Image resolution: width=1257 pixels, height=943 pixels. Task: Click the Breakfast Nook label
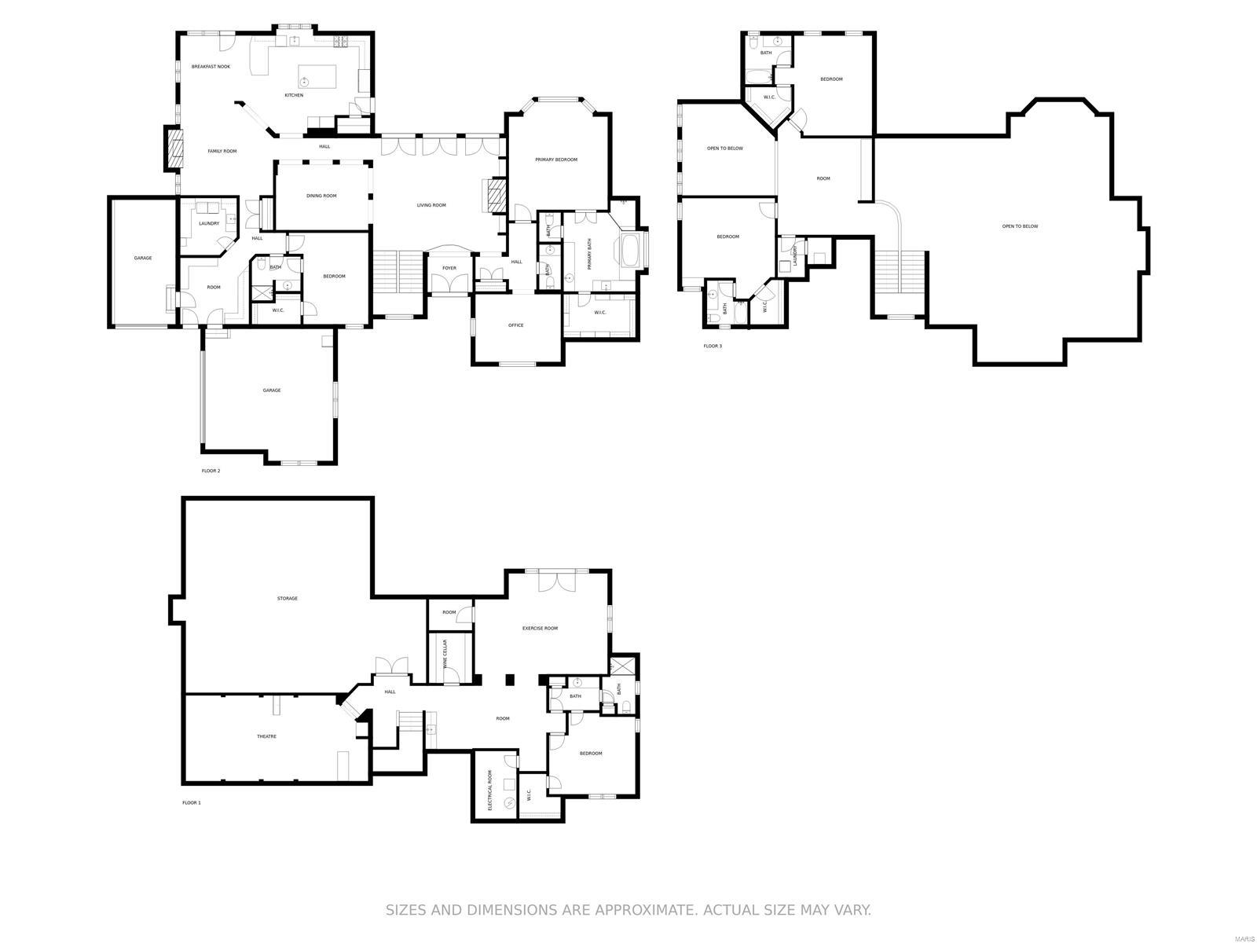tap(211, 67)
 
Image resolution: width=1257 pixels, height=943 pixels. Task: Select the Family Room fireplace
tap(174, 149)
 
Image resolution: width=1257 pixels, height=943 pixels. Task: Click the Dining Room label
tap(321, 196)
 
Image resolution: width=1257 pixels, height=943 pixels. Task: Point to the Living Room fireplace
tap(495, 195)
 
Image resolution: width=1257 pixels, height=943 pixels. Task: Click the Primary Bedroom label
tap(556, 160)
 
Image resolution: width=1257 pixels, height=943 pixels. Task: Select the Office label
tap(515, 325)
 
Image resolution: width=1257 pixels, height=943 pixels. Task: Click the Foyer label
tap(449, 268)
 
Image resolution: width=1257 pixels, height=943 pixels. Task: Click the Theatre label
tap(266, 736)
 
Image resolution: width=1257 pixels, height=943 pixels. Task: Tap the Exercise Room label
tap(540, 628)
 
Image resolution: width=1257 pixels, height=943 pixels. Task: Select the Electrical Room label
tap(489, 791)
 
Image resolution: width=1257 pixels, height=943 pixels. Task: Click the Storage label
tap(287, 599)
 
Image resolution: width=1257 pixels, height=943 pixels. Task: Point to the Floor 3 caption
tap(712, 346)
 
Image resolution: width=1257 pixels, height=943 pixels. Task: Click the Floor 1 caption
tap(192, 802)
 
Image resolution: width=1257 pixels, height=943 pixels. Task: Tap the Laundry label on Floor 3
tap(795, 255)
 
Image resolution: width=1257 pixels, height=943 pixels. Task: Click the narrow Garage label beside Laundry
tap(142, 258)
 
